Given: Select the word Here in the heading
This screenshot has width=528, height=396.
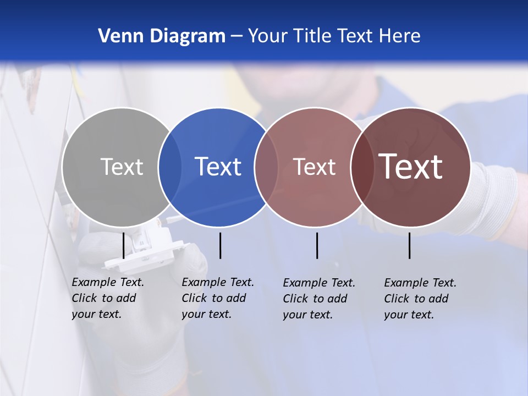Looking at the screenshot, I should tap(400, 36).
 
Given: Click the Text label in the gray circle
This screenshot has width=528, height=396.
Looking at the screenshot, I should tap(122, 167).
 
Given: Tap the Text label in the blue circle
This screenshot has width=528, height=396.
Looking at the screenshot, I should tap(218, 167).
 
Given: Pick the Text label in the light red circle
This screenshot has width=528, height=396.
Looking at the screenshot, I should tap(314, 167).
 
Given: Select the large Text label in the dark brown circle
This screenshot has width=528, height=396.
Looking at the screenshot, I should tap(411, 167).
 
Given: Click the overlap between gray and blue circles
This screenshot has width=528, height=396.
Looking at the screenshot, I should tap(170, 167).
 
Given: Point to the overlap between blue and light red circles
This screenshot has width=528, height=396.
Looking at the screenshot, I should tap(266, 167).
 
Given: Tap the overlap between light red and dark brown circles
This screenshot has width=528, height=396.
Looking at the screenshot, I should tap(361, 167).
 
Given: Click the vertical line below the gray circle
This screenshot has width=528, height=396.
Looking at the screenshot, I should tap(124, 245).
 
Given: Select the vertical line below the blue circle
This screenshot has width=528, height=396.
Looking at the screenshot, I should tap(220, 245).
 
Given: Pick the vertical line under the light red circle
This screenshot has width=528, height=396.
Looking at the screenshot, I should tap(317, 245).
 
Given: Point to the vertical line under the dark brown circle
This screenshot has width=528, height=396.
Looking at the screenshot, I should tap(409, 245).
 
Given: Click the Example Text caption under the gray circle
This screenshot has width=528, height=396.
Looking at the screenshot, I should tap(107, 298).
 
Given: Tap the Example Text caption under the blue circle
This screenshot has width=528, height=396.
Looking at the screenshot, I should tap(217, 298).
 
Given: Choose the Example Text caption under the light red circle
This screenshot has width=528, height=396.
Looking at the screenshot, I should tap(318, 299).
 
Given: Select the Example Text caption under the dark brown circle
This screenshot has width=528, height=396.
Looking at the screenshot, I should tap(420, 299).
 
